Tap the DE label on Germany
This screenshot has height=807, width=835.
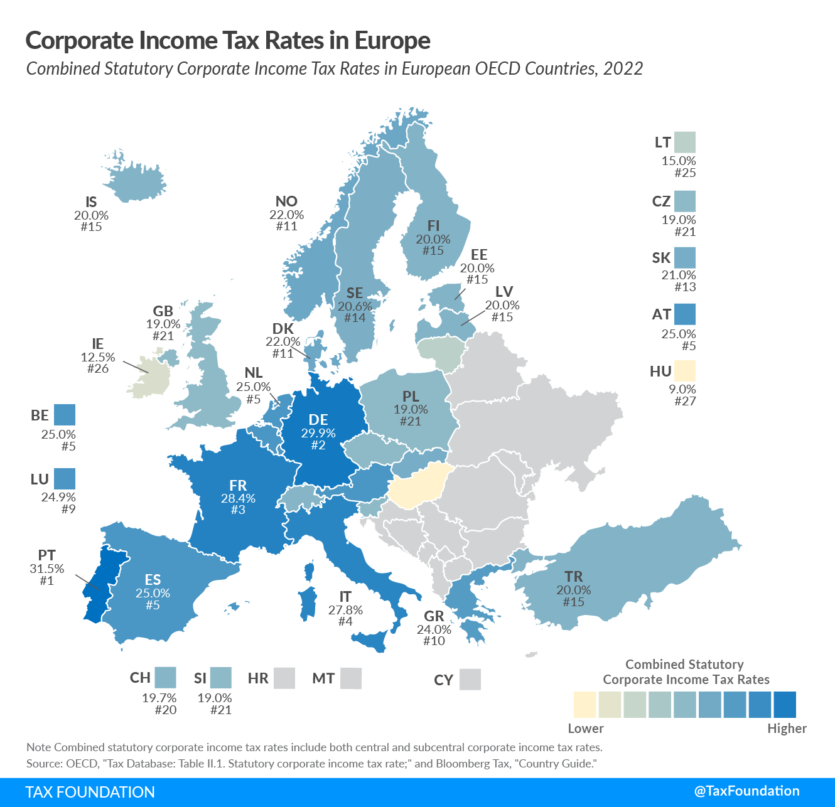coord(318,420)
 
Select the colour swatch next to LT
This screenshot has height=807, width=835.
coord(685,142)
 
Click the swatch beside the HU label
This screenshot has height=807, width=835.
coord(685,371)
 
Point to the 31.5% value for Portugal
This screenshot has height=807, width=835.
coord(47,569)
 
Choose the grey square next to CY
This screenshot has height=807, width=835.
coord(470,680)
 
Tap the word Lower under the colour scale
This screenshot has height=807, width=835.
coord(585,729)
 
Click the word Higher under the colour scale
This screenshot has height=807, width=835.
coord(787,729)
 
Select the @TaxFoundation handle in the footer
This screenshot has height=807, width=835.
coord(746,791)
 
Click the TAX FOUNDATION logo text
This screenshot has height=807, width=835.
coord(90,792)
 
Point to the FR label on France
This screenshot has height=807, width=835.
coord(238,485)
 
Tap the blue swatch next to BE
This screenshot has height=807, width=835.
coord(65,415)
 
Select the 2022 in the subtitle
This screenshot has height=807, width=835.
coord(623,68)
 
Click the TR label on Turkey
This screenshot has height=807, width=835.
coord(573,576)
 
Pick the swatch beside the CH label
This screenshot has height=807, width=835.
coord(165,678)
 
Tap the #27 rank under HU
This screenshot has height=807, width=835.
coord(685,401)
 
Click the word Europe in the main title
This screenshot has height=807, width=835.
coord(392,40)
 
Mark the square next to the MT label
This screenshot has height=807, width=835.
coord(351,678)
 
